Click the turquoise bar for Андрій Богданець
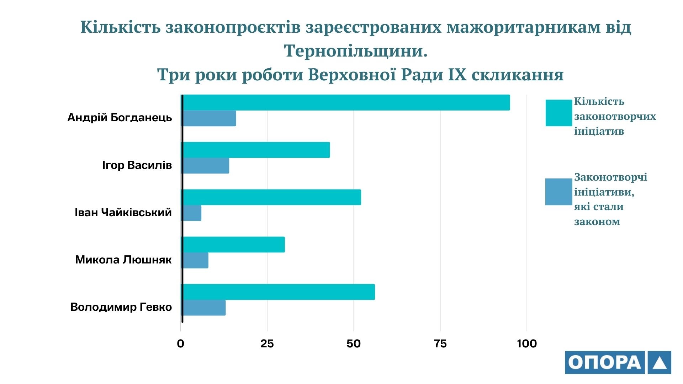click(346, 102)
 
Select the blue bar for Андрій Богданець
click(209, 118)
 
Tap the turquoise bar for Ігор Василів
click(256, 150)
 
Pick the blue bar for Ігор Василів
click(206, 166)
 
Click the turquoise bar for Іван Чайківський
click(271, 197)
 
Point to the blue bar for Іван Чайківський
click(192, 213)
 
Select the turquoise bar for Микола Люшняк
click(233, 245)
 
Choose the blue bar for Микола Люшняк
click(195, 260)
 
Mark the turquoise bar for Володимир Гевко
click(278, 292)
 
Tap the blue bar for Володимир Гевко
click(204, 308)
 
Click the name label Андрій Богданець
click(120, 118)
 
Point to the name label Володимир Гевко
click(121, 307)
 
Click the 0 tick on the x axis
click(181, 343)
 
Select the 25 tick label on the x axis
click(267, 343)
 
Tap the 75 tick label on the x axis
click(440, 343)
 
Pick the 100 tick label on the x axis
click(527, 343)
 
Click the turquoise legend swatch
click(558, 113)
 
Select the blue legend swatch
click(558, 192)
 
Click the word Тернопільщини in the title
click(355, 51)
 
